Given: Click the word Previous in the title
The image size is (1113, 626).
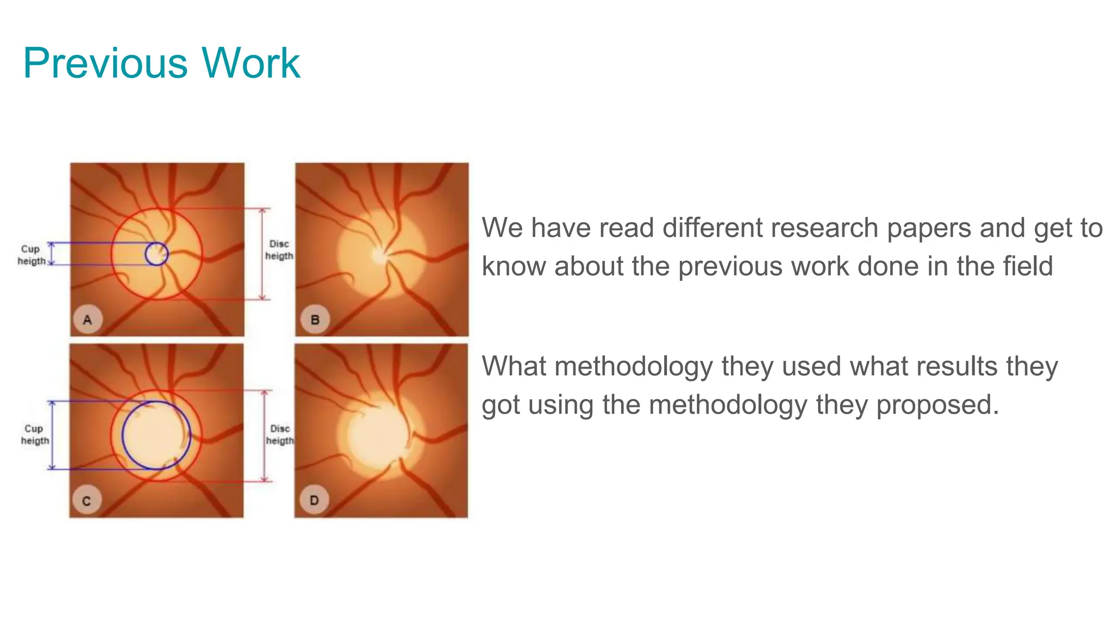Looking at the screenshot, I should (x=106, y=64).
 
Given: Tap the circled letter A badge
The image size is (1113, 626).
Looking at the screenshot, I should (x=87, y=320).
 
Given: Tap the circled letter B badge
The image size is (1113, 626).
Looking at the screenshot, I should (x=315, y=320).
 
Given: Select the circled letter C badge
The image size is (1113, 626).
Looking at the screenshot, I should (x=86, y=500).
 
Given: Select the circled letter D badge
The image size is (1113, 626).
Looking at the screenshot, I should (x=314, y=500).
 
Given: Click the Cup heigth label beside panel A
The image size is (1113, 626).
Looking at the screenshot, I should (x=31, y=255).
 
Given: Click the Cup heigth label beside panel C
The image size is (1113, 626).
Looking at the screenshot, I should (x=34, y=435).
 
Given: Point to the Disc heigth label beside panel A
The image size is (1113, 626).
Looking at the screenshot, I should (x=279, y=250).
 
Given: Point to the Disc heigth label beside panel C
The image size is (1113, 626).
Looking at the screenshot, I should (x=279, y=435).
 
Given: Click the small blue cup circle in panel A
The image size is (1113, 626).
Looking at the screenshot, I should (x=157, y=254).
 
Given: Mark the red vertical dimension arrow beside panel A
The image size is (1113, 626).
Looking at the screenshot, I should (x=262, y=254).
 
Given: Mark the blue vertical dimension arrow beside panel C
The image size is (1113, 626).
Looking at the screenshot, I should (x=52, y=435).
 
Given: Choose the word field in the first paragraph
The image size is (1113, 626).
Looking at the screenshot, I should (x=1027, y=266).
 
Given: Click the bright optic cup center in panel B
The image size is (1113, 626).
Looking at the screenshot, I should (x=378, y=254).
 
